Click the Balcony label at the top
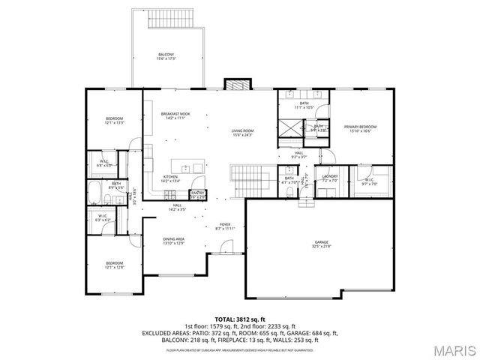pos(166,56)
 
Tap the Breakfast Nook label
pos(175,115)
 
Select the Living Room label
pos(242,133)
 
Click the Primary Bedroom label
pos(360,129)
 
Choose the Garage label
pos(322,244)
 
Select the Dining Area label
pos(174,241)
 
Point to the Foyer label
pos(225,226)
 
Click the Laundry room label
pos(330,178)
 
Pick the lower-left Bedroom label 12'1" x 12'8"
pos(114,265)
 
